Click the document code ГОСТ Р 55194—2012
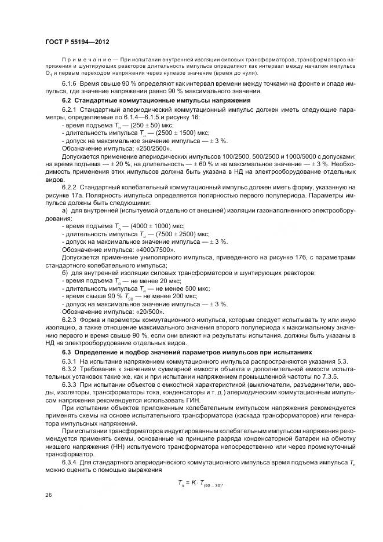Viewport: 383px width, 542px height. click(76, 42)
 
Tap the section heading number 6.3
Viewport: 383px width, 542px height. click(67, 351)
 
